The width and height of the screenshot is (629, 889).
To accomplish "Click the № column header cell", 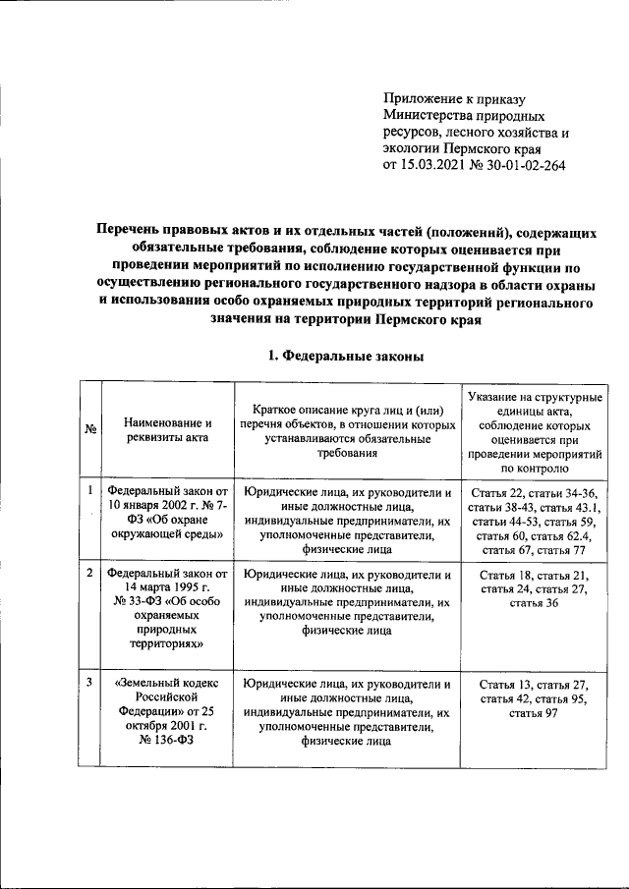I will click(90, 429).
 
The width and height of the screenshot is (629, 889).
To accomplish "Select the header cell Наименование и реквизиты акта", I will click(167, 429).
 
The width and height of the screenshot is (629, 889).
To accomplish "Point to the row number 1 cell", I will click(89, 489).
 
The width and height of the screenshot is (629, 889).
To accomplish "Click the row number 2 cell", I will click(89, 572).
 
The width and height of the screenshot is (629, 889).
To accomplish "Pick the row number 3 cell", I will click(89, 682).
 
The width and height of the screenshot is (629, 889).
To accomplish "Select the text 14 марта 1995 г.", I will click(167, 587).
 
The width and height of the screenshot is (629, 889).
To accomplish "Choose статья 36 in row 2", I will click(534, 602).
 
